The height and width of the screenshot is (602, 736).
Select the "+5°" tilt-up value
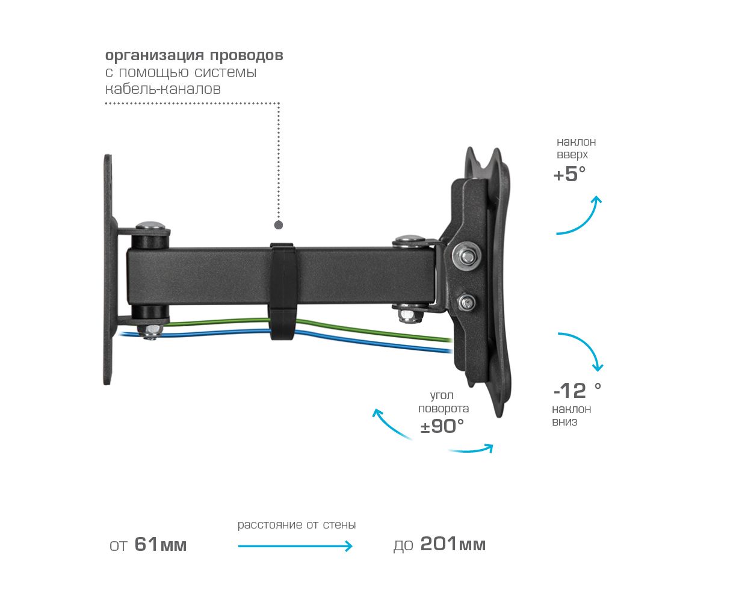pos(569,175)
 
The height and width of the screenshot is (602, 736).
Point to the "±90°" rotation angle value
pos(442,426)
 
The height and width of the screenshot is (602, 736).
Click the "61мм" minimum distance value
pos(160,545)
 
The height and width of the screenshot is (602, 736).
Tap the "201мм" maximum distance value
pos(453,544)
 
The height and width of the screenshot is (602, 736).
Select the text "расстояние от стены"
pos(297,525)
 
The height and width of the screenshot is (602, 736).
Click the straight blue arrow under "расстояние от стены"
pos(295,546)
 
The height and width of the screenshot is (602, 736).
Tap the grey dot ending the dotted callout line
pos(279,225)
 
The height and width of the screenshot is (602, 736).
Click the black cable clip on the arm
pos(281,291)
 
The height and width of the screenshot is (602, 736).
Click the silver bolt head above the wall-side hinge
pos(150,226)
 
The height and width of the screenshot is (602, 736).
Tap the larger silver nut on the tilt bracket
pos(467,255)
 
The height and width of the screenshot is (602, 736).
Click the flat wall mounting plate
pos(108,271)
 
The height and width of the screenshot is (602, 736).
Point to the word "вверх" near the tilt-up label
pos(572,155)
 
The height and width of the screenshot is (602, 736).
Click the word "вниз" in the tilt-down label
pos(564,422)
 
